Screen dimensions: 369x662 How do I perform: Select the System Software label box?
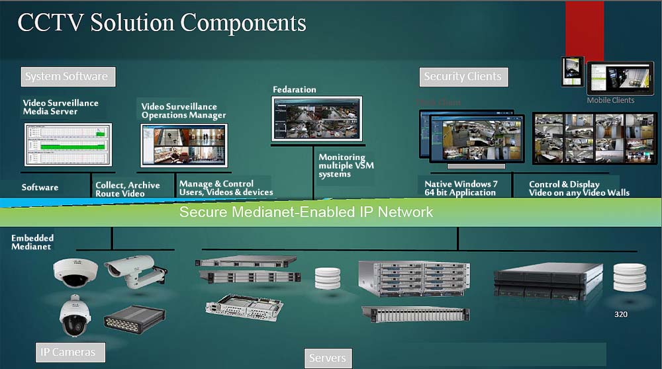(x=67, y=76)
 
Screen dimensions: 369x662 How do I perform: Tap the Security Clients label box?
(x=463, y=77)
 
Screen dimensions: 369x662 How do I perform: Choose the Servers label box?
(x=328, y=358)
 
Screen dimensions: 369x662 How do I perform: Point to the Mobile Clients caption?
(x=610, y=101)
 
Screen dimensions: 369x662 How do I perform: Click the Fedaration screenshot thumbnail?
(x=317, y=118)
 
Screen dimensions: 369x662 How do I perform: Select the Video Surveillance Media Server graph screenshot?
(x=68, y=143)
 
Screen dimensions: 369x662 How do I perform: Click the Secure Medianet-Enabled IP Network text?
(x=306, y=212)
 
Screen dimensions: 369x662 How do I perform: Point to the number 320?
(x=620, y=314)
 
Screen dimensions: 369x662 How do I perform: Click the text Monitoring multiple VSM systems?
(x=346, y=165)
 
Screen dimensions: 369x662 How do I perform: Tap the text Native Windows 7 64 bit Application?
(x=460, y=188)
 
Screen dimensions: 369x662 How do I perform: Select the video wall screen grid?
(x=585, y=138)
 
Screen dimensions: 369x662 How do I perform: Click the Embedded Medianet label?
(x=32, y=242)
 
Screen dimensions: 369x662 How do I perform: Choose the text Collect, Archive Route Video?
(x=128, y=189)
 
